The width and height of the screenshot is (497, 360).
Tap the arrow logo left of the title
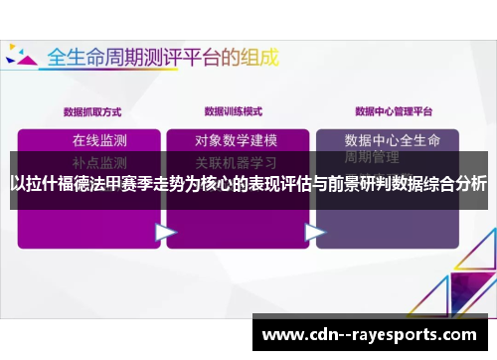[21, 57]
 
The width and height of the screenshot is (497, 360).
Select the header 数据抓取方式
[92, 110]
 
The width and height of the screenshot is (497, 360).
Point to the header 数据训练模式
[234, 110]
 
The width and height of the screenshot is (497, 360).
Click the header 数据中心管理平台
[394, 110]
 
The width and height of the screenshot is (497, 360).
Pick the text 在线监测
[99, 139]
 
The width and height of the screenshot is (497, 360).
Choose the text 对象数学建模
[236, 139]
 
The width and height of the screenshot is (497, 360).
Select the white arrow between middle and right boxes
[315, 231]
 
